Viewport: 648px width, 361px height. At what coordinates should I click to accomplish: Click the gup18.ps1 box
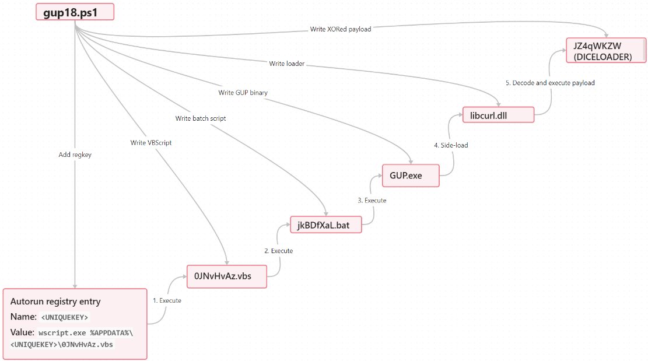tap(74, 12)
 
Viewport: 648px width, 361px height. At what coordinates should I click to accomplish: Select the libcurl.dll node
tap(498, 115)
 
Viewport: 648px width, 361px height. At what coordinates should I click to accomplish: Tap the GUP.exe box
tap(410, 174)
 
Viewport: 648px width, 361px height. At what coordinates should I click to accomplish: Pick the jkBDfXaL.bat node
tap(326, 225)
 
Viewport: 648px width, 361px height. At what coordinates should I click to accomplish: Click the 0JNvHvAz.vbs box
tap(226, 276)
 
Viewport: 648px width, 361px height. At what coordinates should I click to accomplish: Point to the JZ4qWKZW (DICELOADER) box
tap(605, 50)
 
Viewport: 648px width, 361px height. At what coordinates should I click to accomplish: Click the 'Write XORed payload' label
tap(341, 29)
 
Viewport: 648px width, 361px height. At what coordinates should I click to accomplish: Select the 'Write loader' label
tap(287, 63)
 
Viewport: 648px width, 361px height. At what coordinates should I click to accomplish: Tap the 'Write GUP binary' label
tap(243, 92)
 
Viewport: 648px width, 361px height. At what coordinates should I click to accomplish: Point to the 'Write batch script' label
tap(201, 118)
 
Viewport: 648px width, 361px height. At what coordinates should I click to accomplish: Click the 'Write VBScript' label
tap(151, 142)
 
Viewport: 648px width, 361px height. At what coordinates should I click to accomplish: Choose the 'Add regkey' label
tap(75, 155)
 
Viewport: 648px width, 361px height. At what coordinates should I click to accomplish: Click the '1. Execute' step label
tap(167, 300)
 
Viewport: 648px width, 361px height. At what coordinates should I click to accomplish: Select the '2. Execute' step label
tap(278, 251)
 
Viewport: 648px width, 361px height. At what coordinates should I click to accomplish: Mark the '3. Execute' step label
tap(372, 200)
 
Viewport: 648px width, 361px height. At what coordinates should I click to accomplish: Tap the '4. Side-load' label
tap(451, 145)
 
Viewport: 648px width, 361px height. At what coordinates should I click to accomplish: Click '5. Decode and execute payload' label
tap(550, 83)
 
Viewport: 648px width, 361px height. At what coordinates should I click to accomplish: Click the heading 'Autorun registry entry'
tap(55, 302)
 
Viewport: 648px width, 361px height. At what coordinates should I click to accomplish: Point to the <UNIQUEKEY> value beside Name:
tap(64, 317)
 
